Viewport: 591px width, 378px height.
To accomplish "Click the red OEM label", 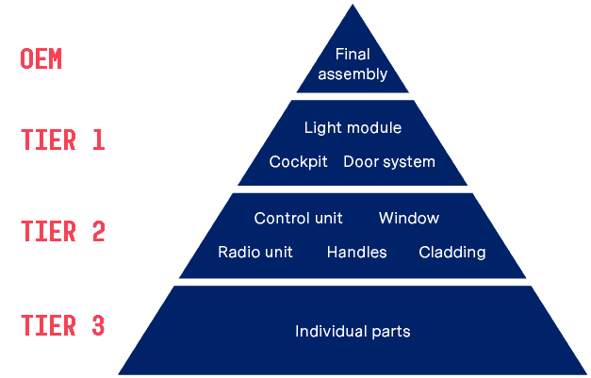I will tap(41, 59).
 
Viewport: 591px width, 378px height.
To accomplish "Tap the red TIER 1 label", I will tap(63, 140).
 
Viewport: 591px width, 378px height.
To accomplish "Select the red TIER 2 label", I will tap(63, 232).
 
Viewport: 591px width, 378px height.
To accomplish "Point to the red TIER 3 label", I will tap(63, 326).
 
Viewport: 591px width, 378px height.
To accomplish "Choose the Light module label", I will tap(353, 127).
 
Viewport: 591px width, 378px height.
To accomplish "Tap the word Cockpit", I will tap(298, 161).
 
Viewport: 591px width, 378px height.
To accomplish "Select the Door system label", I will tap(389, 161).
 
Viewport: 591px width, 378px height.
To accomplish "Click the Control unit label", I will tap(298, 218).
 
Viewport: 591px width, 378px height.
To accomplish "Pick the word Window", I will tap(409, 218).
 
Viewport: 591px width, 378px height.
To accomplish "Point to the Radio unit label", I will tap(255, 252).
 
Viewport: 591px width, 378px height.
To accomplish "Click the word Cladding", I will tap(452, 252).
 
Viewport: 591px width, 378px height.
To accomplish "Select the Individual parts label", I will tap(353, 331).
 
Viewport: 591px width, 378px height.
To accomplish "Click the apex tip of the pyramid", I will tap(353, 6).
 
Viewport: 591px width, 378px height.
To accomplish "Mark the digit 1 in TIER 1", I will tap(98, 140).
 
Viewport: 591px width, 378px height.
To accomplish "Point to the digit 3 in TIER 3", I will tap(98, 326).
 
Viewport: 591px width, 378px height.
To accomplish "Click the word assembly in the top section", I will tap(353, 74).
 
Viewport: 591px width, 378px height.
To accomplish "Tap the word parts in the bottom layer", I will tap(390, 332).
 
